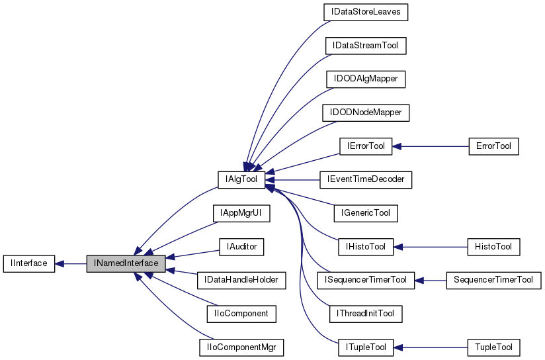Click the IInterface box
coord(28,263)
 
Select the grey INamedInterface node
coord(126,263)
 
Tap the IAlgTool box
coord(241,179)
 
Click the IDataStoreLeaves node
coord(366,12)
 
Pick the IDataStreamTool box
coord(366,46)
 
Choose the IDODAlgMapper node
coord(366,79)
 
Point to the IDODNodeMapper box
coord(366,112)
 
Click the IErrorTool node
coord(366,146)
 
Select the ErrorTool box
coord(493,146)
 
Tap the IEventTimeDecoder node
coord(366,179)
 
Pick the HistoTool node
coord(493,246)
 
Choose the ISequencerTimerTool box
coord(366,279)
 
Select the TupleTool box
coord(493,346)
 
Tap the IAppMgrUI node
coord(241,213)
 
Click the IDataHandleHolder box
coord(241,280)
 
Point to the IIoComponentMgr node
coord(241,346)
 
